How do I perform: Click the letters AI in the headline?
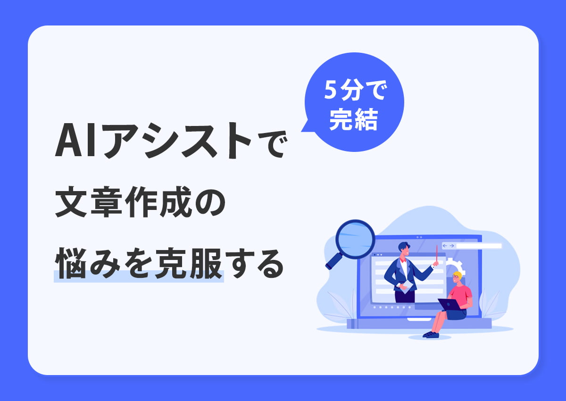click(78, 142)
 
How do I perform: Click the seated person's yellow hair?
click(457, 276)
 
